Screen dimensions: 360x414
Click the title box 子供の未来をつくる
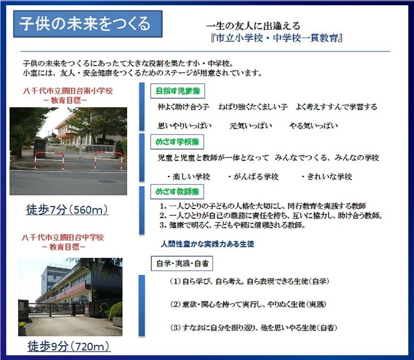(x=88, y=24)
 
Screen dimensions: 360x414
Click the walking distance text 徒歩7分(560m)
(x=67, y=210)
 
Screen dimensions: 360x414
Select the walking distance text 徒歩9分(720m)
(x=69, y=346)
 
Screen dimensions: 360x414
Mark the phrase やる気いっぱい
(x=314, y=126)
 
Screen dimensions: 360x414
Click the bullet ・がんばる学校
(x=254, y=176)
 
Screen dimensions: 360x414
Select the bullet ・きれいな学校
(x=327, y=176)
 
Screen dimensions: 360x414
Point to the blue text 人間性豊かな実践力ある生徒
(x=207, y=244)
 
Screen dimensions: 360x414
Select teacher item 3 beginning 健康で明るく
(x=231, y=225)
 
